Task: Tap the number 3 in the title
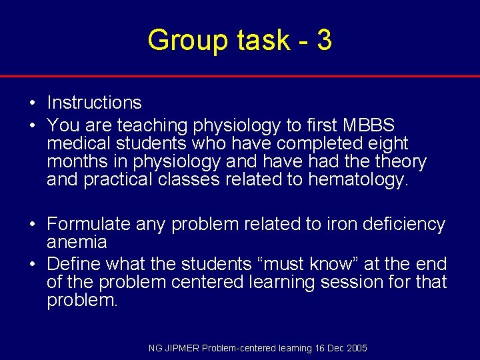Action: [x=324, y=41]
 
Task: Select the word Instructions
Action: [x=94, y=103]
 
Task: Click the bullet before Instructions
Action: [x=31, y=103]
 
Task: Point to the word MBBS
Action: [x=369, y=125]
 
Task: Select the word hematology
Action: [x=357, y=180]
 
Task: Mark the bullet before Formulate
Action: [x=31, y=225]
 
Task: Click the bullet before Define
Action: [x=31, y=264]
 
